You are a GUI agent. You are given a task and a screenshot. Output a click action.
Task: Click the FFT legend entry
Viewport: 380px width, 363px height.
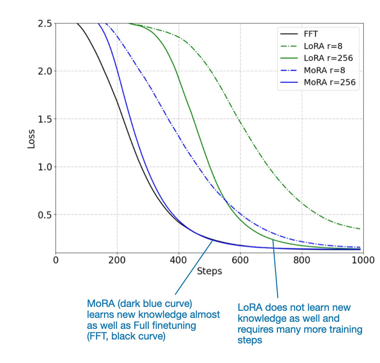[x=311, y=34]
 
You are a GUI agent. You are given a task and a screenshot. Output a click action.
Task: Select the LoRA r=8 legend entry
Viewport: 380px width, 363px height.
[x=323, y=46]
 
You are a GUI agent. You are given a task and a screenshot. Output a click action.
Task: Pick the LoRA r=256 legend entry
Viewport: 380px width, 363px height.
[x=328, y=58]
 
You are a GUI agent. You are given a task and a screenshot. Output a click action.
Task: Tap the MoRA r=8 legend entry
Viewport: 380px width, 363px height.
[x=324, y=70]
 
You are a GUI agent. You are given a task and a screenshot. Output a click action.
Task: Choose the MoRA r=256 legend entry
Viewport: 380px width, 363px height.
[x=329, y=82]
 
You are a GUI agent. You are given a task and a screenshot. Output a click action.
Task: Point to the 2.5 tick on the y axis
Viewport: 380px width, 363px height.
[x=45, y=24]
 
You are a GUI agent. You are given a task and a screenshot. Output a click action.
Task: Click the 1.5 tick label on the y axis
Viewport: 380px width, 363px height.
[x=45, y=119]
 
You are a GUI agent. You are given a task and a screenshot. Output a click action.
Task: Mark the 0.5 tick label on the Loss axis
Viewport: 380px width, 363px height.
[x=45, y=215]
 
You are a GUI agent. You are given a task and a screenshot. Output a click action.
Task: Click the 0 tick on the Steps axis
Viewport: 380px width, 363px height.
[x=56, y=260]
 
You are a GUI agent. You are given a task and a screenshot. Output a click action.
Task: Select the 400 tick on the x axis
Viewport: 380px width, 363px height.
[x=178, y=260]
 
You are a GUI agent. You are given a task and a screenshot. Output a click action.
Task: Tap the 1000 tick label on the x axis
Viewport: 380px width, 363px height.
[x=363, y=260]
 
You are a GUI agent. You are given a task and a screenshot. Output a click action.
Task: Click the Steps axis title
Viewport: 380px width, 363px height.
[x=209, y=271]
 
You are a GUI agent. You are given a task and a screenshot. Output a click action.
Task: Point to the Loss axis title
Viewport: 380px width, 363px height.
[x=31, y=139]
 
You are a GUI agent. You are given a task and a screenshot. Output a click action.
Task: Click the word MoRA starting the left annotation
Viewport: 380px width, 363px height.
[x=100, y=304]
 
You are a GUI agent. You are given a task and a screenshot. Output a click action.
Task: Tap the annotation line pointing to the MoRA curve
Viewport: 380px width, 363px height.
[x=194, y=267]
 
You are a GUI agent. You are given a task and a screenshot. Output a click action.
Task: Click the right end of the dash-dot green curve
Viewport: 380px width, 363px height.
[x=360, y=229]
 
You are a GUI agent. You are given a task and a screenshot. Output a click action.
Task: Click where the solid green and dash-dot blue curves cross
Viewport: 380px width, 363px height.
[x=224, y=200]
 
